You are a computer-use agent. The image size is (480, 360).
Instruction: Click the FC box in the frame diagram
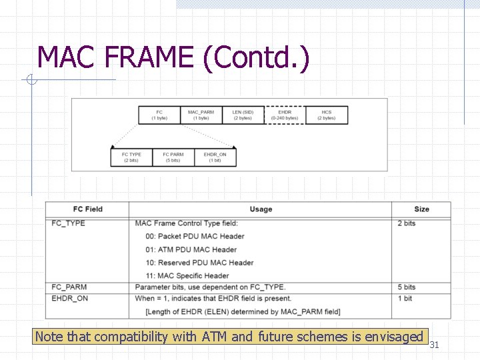pyautogui.click(x=159, y=115)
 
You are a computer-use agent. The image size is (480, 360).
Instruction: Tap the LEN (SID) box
pyautogui.click(x=243, y=115)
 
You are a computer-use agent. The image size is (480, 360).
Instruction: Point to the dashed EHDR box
pyautogui.click(x=285, y=115)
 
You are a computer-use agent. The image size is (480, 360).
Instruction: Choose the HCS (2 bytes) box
pyautogui.click(x=326, y=115)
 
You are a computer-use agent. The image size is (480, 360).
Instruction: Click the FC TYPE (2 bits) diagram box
pyautogui.click(x=131, y=157)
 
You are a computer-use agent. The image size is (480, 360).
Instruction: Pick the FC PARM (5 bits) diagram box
pyautogui.click(x=173, y=157)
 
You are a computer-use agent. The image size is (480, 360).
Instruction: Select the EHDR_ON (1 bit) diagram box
pyautogui.click(x=215, y=157)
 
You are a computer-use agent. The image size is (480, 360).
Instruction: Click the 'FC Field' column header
pyautogui.click(x=87, y=209)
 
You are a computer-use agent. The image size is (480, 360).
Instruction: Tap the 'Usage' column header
pyautogui.click(x=261, y=209)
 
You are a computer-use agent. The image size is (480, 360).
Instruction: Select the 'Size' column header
pyautogui.click(x=421, y=209)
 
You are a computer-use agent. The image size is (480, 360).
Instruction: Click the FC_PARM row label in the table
pyautogui.click(x=69, y=287)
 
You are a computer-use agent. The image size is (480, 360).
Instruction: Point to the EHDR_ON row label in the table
pyautogui.click(x=70, y=299)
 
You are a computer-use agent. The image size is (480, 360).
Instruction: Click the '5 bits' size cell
pyautogui.click(x=407, y=287)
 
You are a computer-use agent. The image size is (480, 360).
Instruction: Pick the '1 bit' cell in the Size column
pyautogui.click(x=405, y=299)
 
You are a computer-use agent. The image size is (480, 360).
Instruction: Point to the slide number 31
pyautogui.click(x=434, y=345)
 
